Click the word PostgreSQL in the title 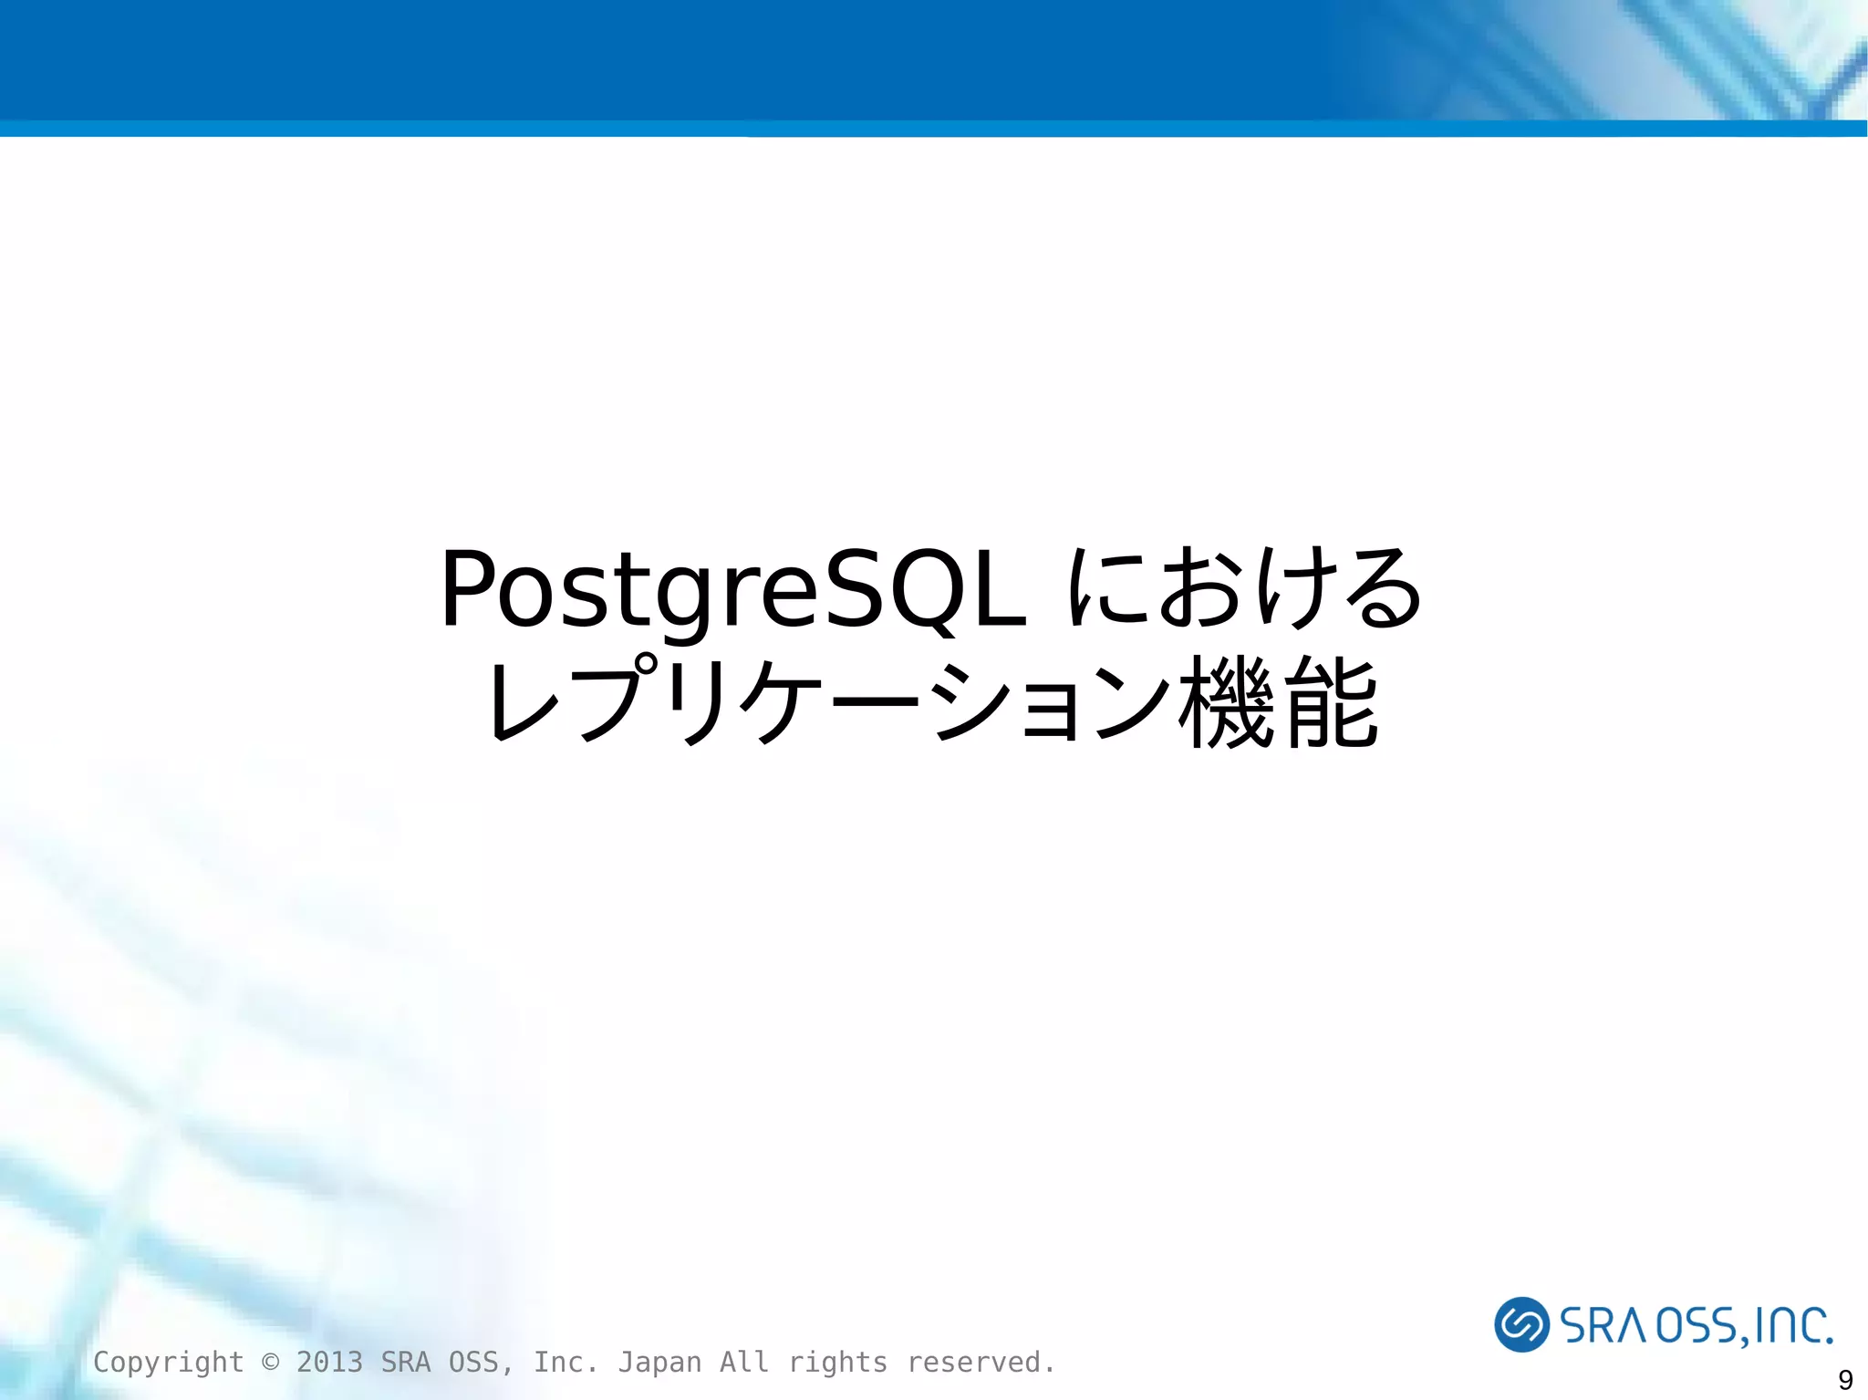(734, 591)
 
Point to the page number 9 (1845, 1379)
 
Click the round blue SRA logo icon (1520, 1323)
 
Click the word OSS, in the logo (1702, 1326)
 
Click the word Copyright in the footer (169, 1362)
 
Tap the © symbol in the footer (270, 1362)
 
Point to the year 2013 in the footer (329, 1362)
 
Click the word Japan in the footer (659, 1362)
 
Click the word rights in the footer (837, 1362)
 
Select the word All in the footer (744, 1362)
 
